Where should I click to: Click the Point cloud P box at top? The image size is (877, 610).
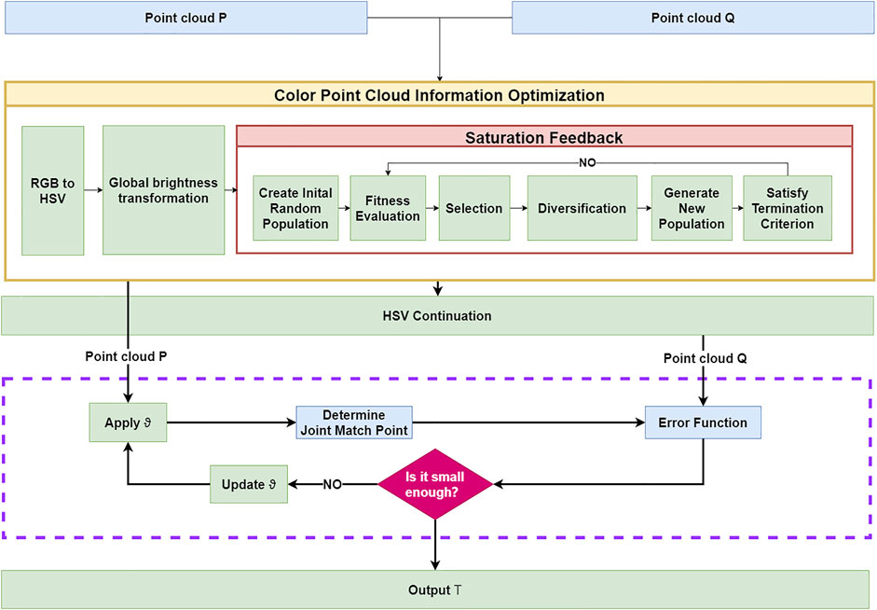tap(186, 18)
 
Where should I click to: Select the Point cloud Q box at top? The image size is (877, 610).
tap(693, 18)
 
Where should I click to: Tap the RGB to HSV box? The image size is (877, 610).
tap(52, 191)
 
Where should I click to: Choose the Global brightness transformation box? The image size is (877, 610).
tap(163, 190)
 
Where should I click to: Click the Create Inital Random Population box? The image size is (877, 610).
tap(295, 208)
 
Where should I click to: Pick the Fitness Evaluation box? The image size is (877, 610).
tap(388, 208)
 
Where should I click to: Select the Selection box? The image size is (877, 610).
tap(474, 208)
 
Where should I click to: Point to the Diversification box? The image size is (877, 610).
tap(582, 208)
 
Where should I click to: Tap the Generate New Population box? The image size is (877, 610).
tap(692, 208)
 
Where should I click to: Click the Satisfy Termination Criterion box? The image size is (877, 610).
tap(788, 208)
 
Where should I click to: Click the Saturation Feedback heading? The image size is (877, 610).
tap(544, 138)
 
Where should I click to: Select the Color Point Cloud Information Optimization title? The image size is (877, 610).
tap(439, 95)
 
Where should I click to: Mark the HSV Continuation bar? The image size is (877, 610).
tap(437, 315)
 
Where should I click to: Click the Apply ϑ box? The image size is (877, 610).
tap(128, 423)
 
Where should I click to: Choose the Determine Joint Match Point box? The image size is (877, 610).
tap(354, 423)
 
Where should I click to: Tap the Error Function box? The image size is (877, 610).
tap(703, 423)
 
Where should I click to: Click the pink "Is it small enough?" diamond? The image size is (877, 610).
tap(435, 484)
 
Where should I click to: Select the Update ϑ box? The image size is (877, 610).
tap(249, 484)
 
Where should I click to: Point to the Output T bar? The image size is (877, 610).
tap(435, 589)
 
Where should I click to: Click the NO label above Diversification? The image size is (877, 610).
tap(587, 163)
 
